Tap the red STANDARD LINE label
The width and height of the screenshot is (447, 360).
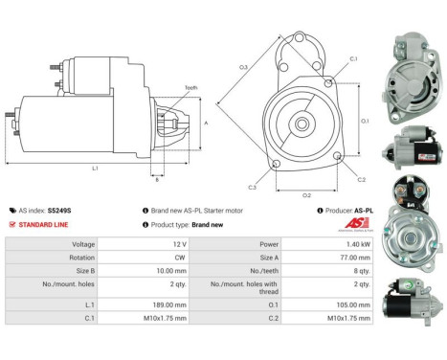coord(41,224)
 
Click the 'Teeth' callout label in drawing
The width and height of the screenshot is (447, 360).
coord(190,87)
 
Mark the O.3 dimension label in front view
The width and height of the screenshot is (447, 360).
coord(244,66)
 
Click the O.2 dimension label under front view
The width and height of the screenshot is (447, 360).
coord(306,194)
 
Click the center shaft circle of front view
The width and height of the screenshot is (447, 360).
coord(302,123)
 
